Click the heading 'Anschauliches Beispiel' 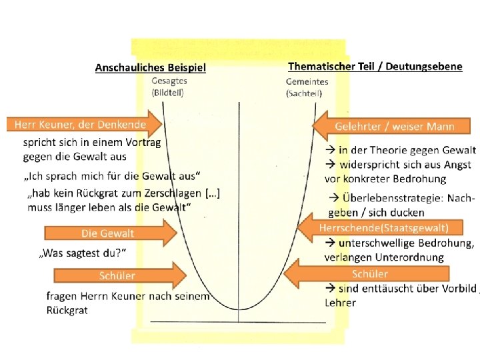pyautogui.click(x=151, y=67)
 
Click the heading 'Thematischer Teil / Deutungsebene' pyautogui.click(x=375, y=67)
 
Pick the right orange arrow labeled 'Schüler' pyautogui.click(x=371, y=273)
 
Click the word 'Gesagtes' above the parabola pyautogui.click(x=169, y=81)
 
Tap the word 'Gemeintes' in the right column pyautogui.click(x=307, y=81)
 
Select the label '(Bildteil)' pyautogui.click(x=169, y=92)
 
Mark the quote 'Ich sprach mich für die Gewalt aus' pyautogui.click(x=112, y=176)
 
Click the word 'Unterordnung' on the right pyautogui.click(x=412, y=257)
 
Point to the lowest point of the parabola pyautogui.click(x=239, y=309)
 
